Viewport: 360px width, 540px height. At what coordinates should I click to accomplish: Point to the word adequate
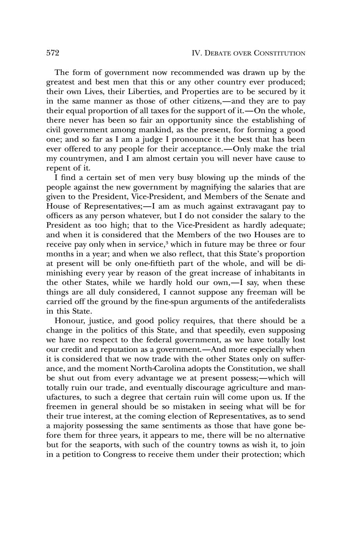[285, 225]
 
